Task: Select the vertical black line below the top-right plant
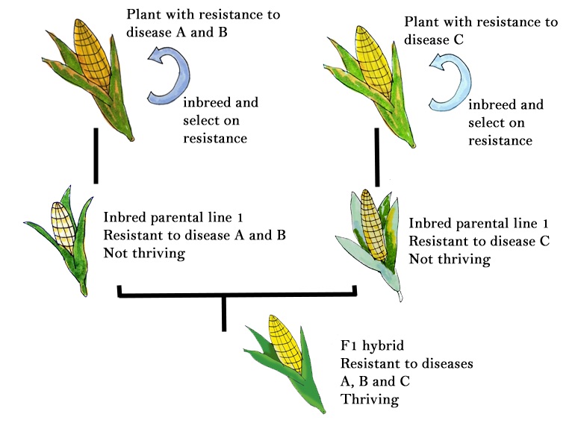pyautogui.click(x=376, y=160)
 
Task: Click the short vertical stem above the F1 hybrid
pyautogui.click(x=223, y=313)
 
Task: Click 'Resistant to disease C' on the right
pyautogui.click(x=479, y=242)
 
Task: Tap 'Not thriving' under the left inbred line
pyautogui.click(x=144, y=253)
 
